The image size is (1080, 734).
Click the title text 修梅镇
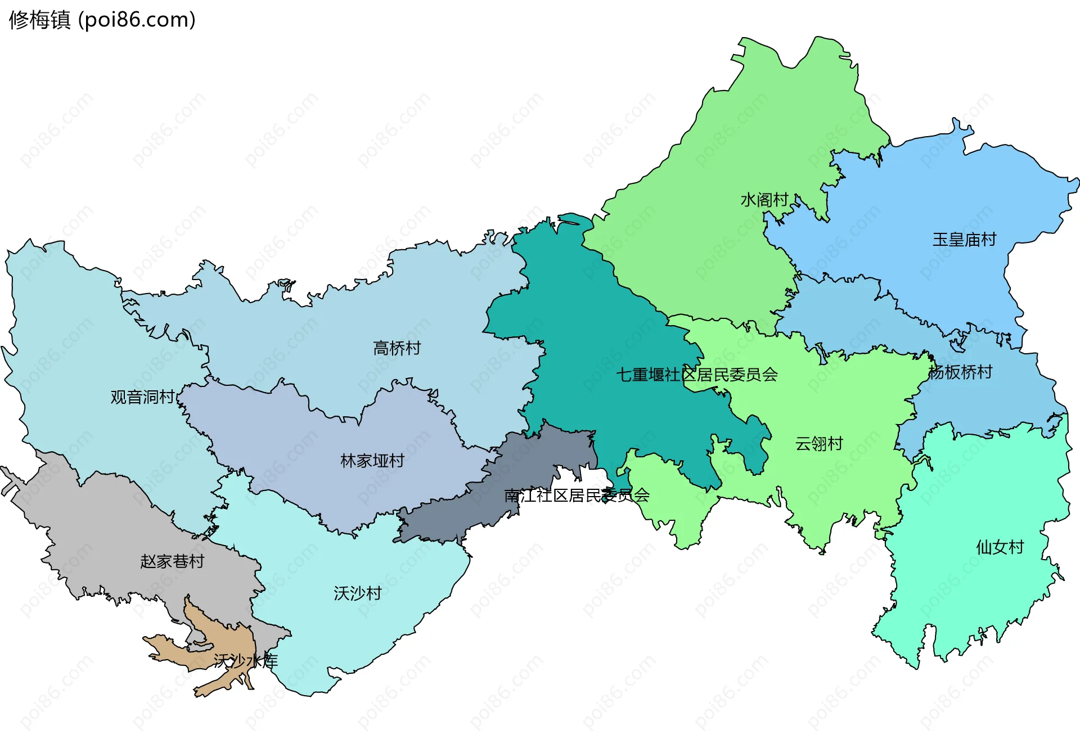pos(39,20)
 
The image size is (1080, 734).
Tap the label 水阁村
pos(764,200)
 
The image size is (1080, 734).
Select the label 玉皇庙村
pos(964,240)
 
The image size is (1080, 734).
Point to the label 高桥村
pos(397,348)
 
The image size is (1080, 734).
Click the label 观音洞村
pos(142,397)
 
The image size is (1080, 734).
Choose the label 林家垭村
pos(372,461)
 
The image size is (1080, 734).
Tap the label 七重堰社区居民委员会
pos(696,375)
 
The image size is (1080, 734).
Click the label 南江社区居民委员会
pos(577,496)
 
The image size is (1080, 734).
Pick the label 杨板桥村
pos(960,372)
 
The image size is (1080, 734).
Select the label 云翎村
pos(818,444)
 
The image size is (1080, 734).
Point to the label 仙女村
pos(1000,547)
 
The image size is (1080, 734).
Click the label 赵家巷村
pos(172,561)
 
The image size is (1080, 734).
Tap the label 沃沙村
pos(357,593)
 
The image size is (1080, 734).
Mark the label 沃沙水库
pos(245,661)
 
